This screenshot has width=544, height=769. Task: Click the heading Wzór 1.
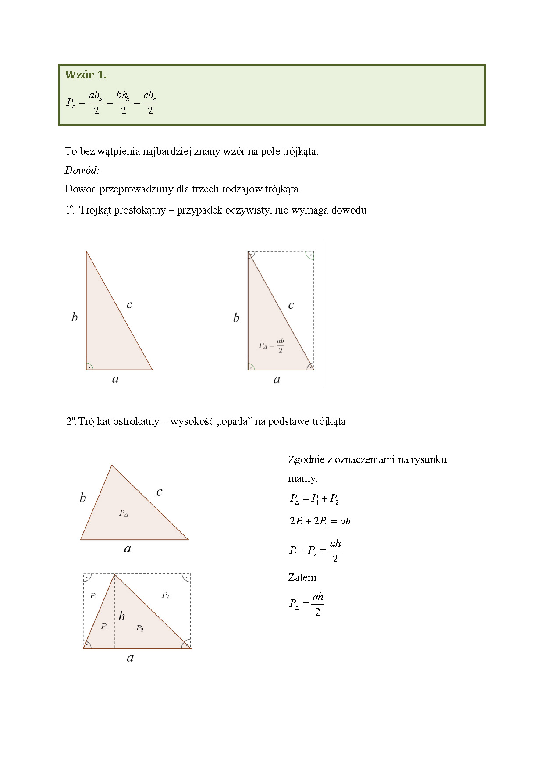86,75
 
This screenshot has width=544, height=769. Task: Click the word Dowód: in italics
82,170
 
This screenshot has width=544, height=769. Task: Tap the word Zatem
302,577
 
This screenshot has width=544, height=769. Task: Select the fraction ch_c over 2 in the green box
150,102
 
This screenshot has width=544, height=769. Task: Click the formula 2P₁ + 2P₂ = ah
320,521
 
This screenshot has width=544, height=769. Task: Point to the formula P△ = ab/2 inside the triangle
271,345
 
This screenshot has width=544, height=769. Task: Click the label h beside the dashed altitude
122,616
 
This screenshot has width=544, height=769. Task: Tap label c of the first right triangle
129,305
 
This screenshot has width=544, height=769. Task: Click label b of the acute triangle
83,498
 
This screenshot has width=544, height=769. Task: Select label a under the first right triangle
115,379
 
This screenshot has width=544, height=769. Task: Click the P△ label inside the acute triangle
124,513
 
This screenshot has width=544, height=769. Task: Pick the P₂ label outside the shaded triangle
165,595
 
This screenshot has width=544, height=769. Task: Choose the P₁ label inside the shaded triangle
105,626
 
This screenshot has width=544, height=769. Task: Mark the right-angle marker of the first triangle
89,367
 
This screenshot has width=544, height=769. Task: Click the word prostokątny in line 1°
140,210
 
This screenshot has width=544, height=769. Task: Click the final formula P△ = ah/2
306,604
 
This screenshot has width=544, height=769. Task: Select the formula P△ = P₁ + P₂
314,498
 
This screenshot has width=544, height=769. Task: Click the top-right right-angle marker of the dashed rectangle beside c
310,255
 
